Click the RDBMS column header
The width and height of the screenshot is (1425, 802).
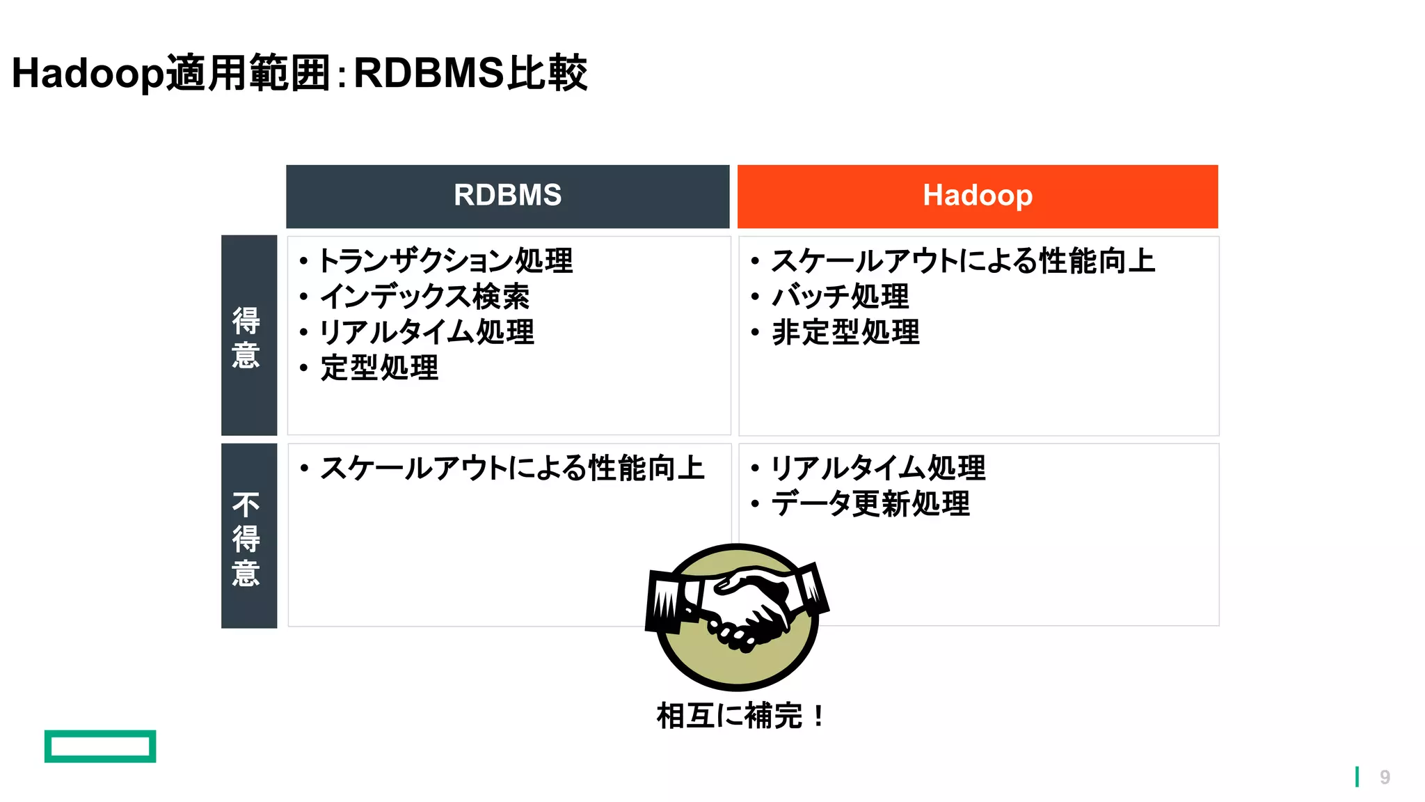(507, 196)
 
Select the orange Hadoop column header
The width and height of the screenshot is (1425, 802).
(977, 196)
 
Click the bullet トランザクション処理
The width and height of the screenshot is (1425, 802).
(445, 261)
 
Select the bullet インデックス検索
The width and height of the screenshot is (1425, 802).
(424, 297)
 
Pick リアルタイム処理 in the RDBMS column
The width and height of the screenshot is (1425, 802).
(427, 332)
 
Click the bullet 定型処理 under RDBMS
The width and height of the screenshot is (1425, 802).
(379, 368)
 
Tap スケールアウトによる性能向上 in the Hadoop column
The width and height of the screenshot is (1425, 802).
(963, 261)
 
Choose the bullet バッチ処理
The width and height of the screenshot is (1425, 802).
(840, 297)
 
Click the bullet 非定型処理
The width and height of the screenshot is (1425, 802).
(845, 332)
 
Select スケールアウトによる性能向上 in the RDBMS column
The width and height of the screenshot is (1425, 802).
(512, 468)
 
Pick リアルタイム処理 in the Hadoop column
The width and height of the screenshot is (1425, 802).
(877, 468)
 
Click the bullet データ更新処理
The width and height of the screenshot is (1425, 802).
(870, 503)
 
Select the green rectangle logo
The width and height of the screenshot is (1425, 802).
(100, 746)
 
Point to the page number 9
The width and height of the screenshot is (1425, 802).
(1385, 777)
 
